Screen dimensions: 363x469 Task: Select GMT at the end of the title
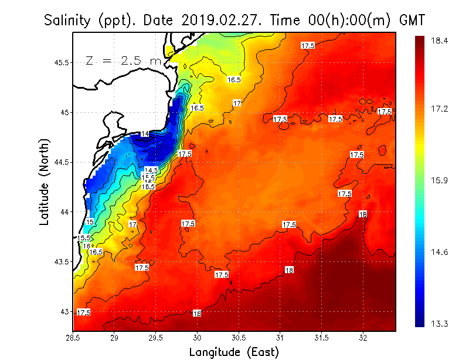click(412, 21)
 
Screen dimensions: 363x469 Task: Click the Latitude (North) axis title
click(45, 181)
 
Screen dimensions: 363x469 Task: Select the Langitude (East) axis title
click(233, 352)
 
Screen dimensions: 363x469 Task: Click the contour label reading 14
click(145, 134)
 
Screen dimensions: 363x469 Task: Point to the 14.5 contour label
click(151, 170)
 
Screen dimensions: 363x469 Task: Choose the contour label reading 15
click(90, 222)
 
